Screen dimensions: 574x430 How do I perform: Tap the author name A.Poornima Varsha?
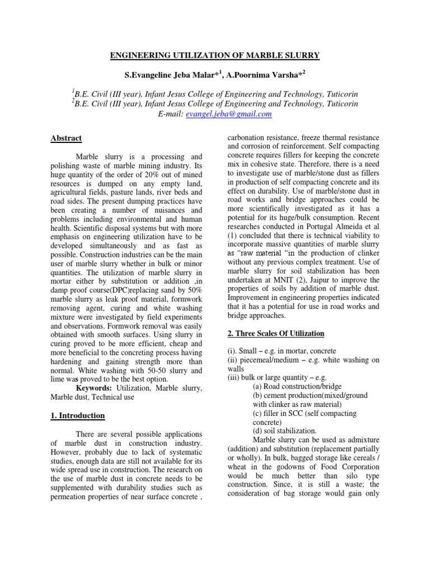tap(265, 74)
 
